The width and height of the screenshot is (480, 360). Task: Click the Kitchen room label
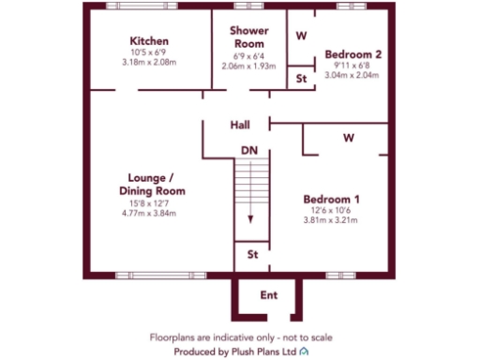pyautogui.click(x=149, y=41)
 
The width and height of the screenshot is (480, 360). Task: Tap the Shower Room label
pyautogui.click(x=247, y=37)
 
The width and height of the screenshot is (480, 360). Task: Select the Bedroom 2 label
pyautogui.click(x=352, y=54)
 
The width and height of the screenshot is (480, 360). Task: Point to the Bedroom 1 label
pyautogui.click(x=331, y=200)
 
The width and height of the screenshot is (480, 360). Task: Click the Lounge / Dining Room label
pyautogui.click(x=151, y=184)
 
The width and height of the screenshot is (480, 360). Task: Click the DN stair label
pyautogui.click(x=248, y=150)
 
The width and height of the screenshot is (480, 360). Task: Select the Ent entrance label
pyautogui.click(x=269, y=296)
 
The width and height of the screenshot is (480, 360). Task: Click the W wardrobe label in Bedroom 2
pyautogui.click(x=302, y=36)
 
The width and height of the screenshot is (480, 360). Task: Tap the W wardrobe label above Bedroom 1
pyautogui.click(x=348, y=138)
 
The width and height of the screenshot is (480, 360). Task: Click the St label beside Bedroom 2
pyautogui.click(x=301, y=79)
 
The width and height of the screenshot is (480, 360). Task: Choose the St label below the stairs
pyautogui.click(x=251, y=254)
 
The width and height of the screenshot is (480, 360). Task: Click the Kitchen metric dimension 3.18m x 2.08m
pyautogui.click(x=149, y=63)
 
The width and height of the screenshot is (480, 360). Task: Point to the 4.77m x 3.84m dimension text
pyautogui.click(x=149, y=213)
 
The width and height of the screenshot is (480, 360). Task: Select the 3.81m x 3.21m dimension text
pyautogui.click(x=331, y=221)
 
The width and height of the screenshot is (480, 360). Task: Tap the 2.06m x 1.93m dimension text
pyautogui.click(x=247, y=67)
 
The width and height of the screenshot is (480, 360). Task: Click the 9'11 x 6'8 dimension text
pyautogui.click(x=352, y=65)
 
